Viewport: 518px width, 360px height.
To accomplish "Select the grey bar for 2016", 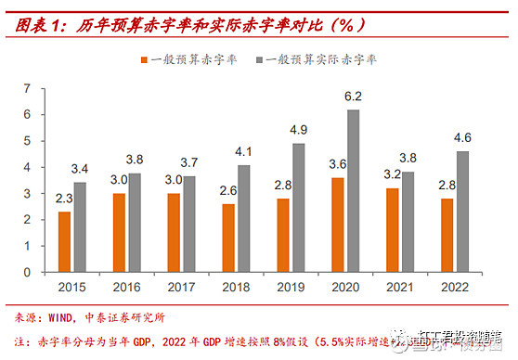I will point(136,221).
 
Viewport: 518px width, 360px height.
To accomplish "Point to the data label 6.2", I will point(354,96).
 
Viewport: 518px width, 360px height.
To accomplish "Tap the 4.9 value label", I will point(299,129).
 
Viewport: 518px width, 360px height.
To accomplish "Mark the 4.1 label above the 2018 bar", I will point(244,150).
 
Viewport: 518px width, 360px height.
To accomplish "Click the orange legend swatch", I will point(146,61).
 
